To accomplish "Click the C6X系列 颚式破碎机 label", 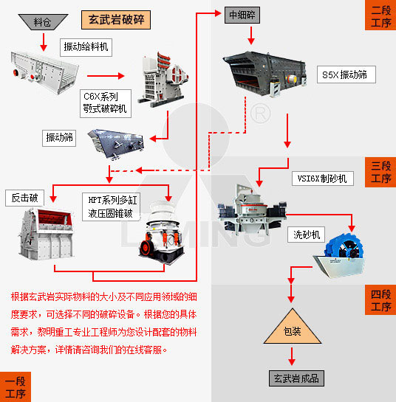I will point(105,103).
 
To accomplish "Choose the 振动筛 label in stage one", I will point(61,137).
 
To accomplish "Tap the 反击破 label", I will point(24,198).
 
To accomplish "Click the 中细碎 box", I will point(242,14).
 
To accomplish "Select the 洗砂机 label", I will point(305,235).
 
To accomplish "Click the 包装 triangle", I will point(292,328).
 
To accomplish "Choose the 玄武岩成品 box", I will point(294,378).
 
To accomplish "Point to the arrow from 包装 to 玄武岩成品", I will point(293,356).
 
